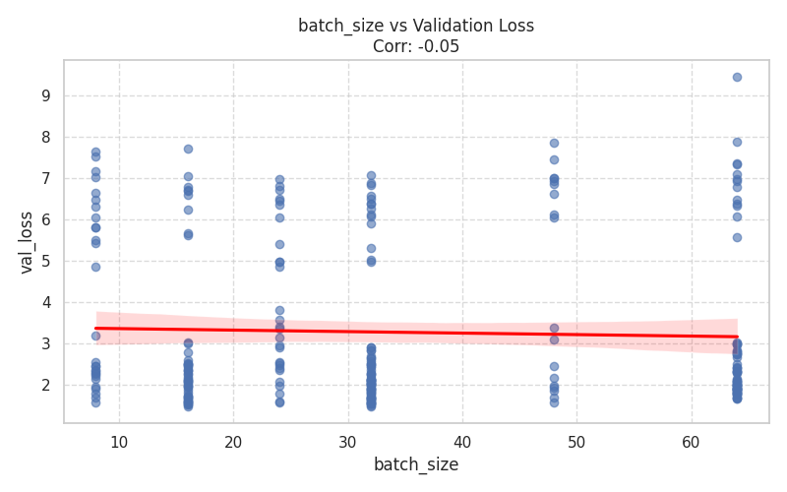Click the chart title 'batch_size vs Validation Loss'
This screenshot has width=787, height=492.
point(416,26)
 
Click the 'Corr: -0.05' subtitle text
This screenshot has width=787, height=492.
point(416,46)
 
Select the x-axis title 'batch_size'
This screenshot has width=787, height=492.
point(416,464)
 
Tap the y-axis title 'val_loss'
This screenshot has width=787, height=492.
point(27,241)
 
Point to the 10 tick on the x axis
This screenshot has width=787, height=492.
point(119,443)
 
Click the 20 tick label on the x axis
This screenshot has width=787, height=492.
point(233,443)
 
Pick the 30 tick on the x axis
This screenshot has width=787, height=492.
point(347,443)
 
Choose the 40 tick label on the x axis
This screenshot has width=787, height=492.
point(462,443)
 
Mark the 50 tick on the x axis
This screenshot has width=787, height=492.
point(576,443)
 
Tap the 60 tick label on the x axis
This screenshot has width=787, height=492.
point(691,443)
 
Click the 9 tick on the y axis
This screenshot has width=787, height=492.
point(45,95)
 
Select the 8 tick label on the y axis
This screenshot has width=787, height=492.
point(45,137)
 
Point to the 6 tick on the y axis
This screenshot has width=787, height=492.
point(45,219)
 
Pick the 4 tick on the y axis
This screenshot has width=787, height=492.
point(45,302)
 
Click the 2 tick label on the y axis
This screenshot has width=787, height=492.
point(45,385)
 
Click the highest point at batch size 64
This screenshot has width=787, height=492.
point(737,77)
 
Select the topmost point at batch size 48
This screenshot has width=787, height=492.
point(554,143)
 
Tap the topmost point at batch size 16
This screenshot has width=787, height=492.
point(188,149)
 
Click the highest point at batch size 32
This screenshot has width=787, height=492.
point(371,175)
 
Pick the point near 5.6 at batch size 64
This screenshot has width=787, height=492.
point(737,237)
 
